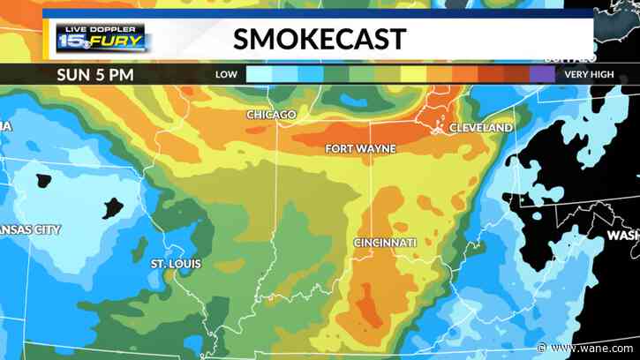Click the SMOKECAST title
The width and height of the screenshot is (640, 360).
320,39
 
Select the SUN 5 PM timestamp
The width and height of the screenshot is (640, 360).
95,74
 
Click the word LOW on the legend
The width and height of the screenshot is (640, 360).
226,75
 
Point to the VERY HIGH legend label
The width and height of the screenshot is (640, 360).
589,75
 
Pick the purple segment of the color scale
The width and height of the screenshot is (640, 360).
541,74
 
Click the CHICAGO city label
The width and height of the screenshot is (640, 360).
272,116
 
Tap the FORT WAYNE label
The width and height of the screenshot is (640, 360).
360,148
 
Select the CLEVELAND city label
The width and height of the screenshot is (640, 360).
481,128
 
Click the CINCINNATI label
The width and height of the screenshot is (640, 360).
385,242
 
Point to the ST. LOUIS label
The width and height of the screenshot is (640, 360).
175,264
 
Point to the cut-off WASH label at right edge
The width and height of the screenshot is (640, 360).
622,236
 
